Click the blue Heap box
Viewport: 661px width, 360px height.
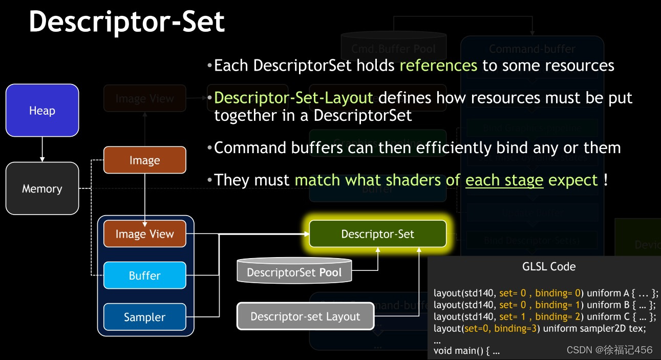coord(42,111)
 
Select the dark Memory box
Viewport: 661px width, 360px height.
coord(42,188)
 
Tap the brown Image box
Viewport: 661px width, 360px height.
coord(144,160)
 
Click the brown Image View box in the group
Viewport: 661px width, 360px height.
coord(144,234)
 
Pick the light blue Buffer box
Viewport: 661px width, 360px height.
coord(144,276)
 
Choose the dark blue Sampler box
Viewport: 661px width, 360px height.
coord(144,317)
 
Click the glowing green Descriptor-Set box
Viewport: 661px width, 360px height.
coord(377,234)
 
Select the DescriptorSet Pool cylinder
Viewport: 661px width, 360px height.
coord(294,271)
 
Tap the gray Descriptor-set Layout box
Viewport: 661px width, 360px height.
coord(305,316)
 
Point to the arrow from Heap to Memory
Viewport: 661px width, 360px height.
coord(42,149)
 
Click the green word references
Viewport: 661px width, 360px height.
coord(438,66)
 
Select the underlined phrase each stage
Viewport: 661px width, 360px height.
coord(504,180)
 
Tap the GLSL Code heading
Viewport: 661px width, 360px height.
coord(549,266)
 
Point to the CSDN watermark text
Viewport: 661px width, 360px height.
coord(609,350)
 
